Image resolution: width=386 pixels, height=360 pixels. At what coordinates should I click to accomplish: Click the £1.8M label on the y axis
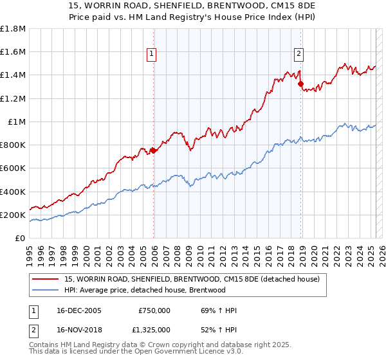13,29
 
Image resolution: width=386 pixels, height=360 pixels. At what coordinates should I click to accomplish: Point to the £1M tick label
17,122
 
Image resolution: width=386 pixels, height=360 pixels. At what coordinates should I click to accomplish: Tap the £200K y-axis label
13,215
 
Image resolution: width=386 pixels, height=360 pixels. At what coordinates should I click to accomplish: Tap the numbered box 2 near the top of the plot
300,54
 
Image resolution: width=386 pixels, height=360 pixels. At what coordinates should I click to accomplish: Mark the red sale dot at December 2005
154,151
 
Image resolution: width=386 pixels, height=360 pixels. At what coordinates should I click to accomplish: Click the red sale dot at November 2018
300,84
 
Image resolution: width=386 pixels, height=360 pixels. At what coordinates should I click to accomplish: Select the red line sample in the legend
46,278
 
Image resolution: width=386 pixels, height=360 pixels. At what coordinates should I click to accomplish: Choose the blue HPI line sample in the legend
46,290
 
